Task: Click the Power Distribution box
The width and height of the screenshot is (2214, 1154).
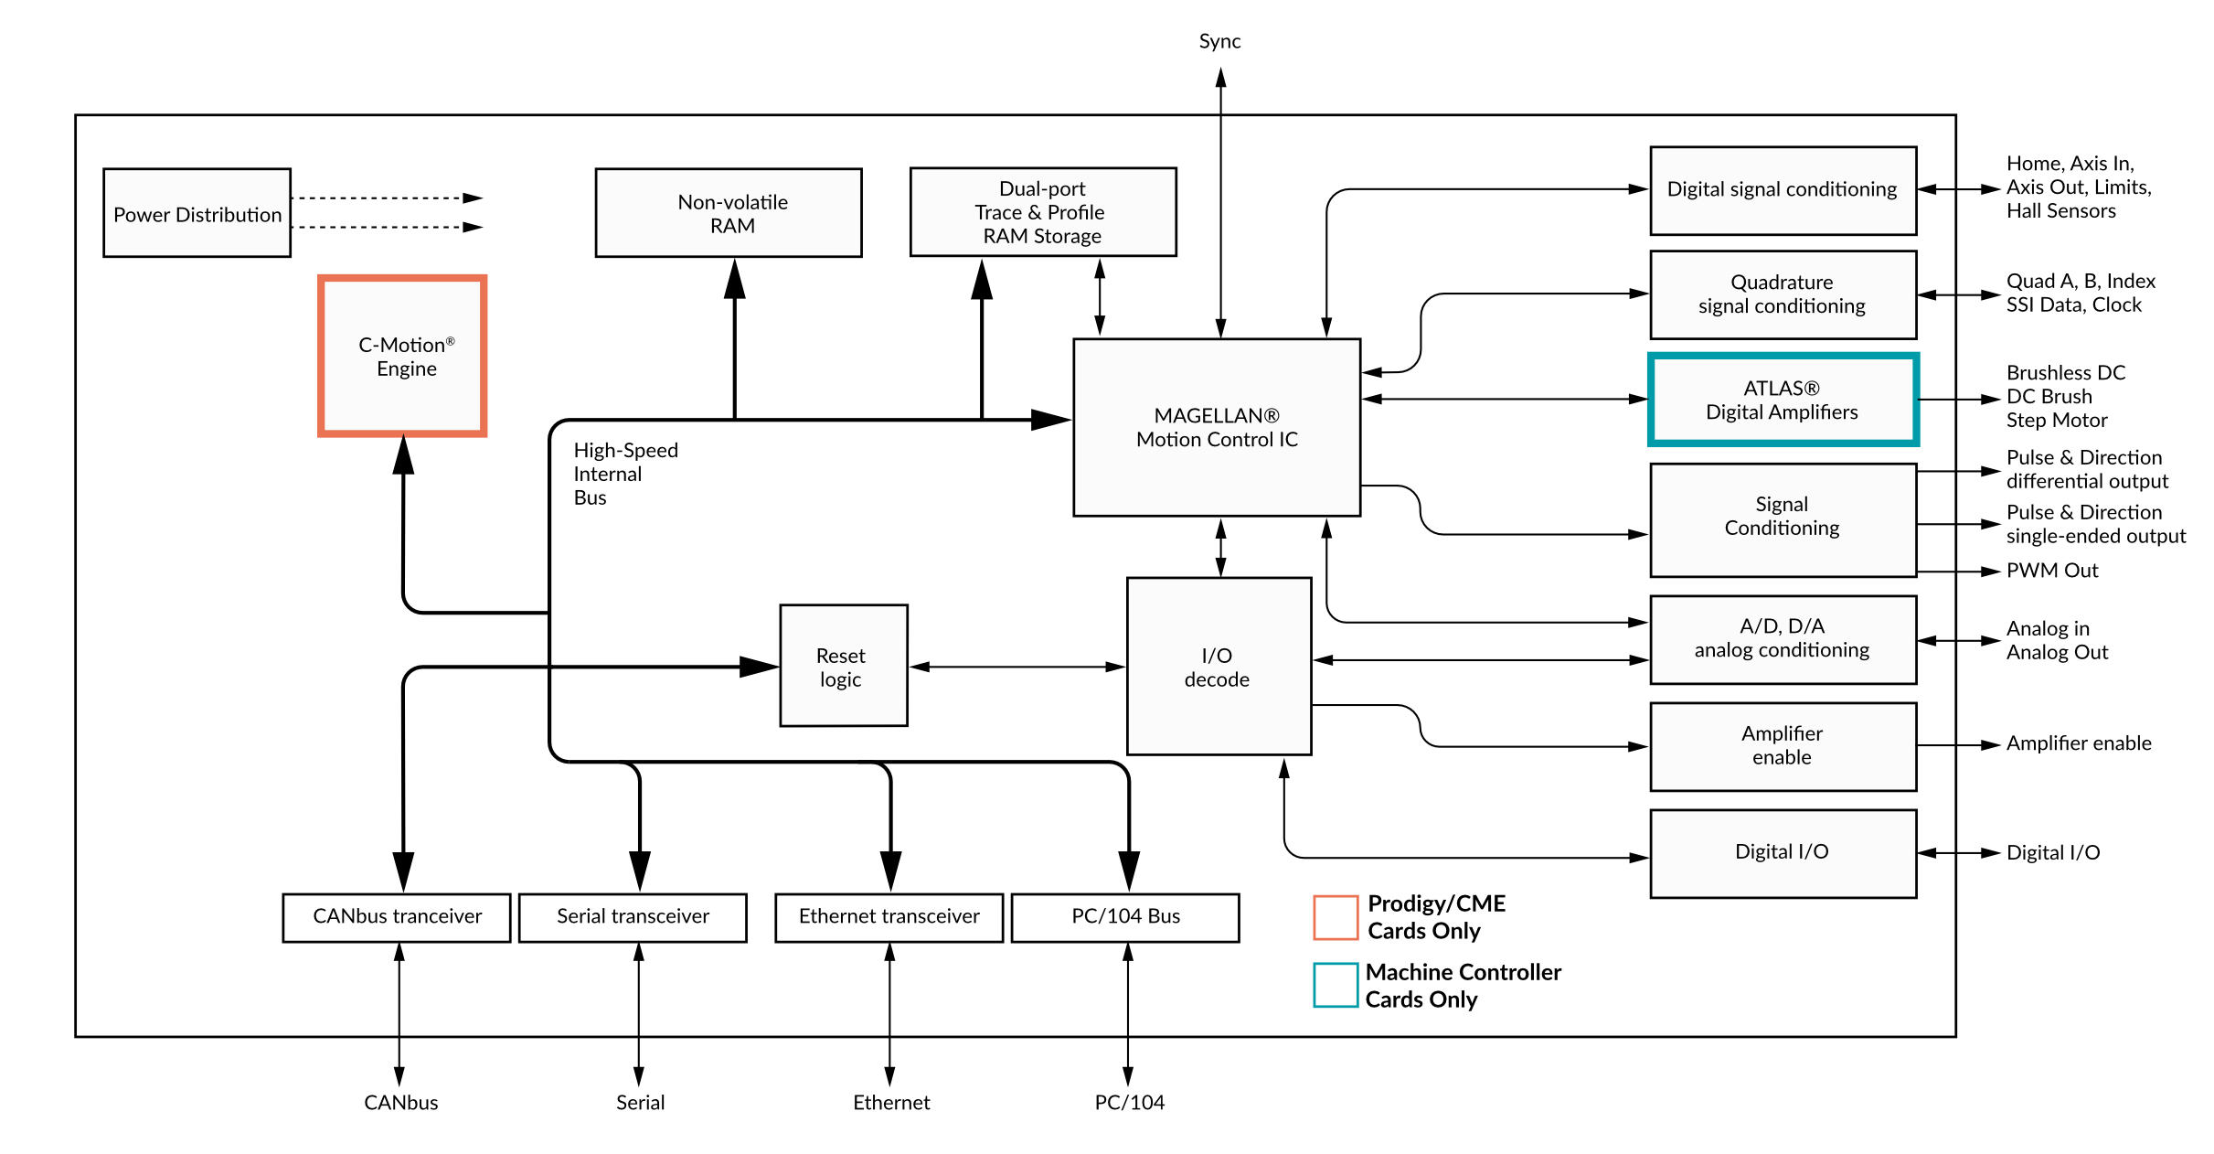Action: point(197,213)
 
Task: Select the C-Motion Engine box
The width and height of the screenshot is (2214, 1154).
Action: point(402,356)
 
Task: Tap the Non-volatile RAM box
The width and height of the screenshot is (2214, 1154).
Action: point(729,213)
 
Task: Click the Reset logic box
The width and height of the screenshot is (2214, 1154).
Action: point(843,666)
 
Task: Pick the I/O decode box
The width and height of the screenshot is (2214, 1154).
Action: point(1219,667)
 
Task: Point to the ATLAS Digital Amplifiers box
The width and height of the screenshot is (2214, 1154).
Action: point(1783,400)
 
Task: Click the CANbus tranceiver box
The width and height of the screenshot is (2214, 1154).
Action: point(397,917)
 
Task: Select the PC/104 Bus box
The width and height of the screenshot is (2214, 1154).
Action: point(1125,917)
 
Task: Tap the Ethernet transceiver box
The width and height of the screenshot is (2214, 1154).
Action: point(889,917)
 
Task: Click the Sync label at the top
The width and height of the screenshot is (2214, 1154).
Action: point(1219,41)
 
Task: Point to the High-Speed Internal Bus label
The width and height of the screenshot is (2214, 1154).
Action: point(625,474)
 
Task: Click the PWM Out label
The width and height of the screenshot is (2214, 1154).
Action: point(2052,571)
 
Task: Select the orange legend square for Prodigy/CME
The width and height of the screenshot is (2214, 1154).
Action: point(1336,917)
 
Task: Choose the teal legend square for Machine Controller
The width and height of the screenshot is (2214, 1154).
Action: point(1336,985)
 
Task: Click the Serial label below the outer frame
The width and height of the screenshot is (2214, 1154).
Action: point(640,1103)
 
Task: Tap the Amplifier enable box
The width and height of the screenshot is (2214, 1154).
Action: point(1783,746)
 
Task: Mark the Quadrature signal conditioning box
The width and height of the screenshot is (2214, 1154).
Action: point(1783,294)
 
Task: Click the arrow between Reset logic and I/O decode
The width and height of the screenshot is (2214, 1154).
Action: point(1017,667)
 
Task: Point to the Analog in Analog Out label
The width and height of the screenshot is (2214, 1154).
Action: point(2057,640)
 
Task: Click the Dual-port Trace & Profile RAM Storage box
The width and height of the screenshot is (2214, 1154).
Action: point(1043,212)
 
